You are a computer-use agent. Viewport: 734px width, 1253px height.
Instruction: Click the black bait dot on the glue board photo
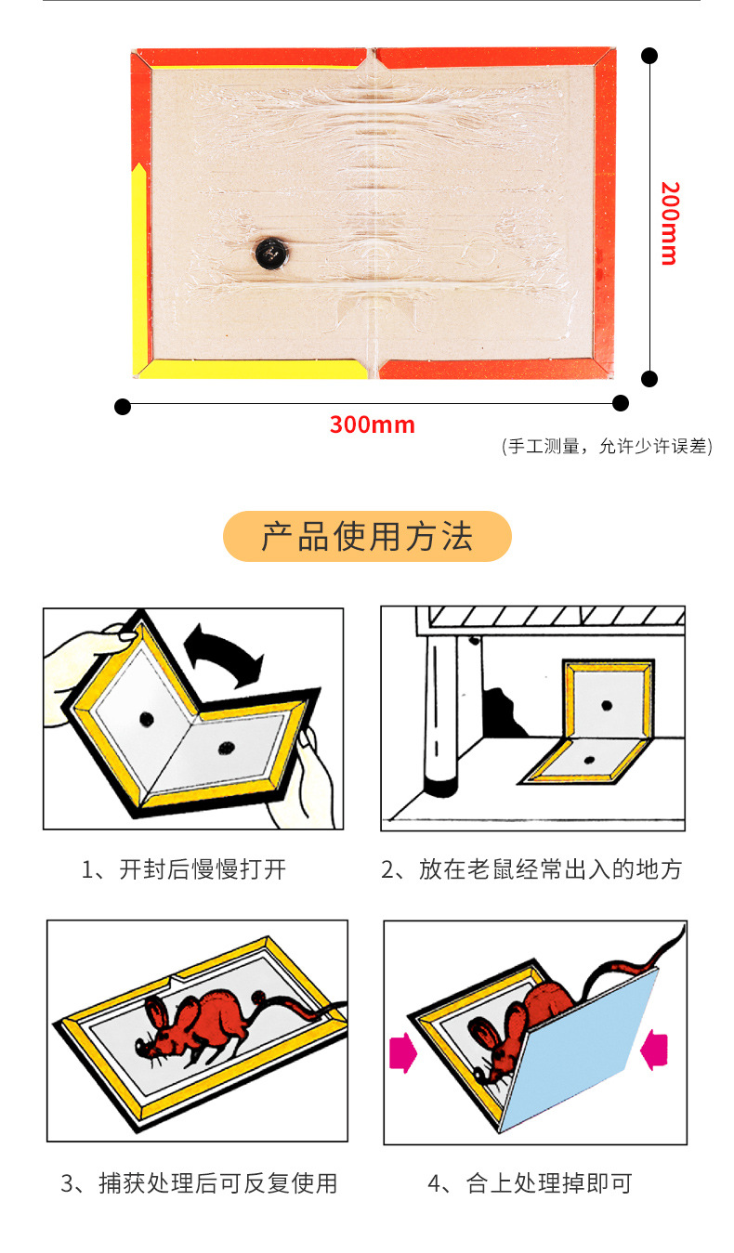tap(272, 253)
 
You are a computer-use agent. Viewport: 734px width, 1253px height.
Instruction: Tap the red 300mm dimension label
tap(372, 424)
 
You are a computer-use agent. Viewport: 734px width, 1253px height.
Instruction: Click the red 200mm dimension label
tap(670, 223)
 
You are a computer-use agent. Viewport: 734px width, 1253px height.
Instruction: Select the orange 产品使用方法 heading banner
tap(367, 536)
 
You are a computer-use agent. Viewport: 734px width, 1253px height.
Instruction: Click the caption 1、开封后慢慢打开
tap(184, 869)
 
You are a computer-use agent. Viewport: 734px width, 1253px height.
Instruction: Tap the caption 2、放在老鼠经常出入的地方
tap(531, 869)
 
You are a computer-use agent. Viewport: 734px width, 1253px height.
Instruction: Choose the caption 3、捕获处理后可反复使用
tap(199, 1183)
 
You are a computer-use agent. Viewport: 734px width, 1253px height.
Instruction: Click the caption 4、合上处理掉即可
tap(530, 1183)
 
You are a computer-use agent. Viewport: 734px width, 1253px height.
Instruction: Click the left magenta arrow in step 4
tap(403, 1052)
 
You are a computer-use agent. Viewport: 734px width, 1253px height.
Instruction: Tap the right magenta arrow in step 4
tap(654, 1050)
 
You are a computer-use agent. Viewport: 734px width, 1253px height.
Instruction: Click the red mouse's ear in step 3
tap(157, 1012)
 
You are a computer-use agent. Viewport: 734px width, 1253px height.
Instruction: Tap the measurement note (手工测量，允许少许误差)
tap(607, 446)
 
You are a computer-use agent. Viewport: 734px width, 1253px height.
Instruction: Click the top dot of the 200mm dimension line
tap(649, 56)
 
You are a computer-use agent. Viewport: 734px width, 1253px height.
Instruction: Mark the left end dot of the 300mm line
tap(123, 407)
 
